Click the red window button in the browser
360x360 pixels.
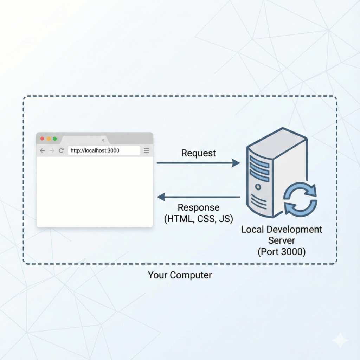43,139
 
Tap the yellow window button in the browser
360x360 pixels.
49,139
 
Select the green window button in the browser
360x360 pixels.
55,139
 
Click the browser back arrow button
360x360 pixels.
43,150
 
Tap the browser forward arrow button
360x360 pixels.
52,150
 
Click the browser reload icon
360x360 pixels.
61,150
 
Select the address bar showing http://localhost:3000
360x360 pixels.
104,150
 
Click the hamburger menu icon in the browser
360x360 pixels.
146,150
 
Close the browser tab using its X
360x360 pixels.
103,140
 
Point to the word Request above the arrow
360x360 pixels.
199,153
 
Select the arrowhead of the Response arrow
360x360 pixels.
161,197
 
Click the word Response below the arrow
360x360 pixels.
199,207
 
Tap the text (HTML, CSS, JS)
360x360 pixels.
199,219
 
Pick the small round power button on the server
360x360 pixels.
258,187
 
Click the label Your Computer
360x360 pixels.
180,275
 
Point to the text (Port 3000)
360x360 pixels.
281,252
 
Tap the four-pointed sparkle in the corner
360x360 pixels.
340,340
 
